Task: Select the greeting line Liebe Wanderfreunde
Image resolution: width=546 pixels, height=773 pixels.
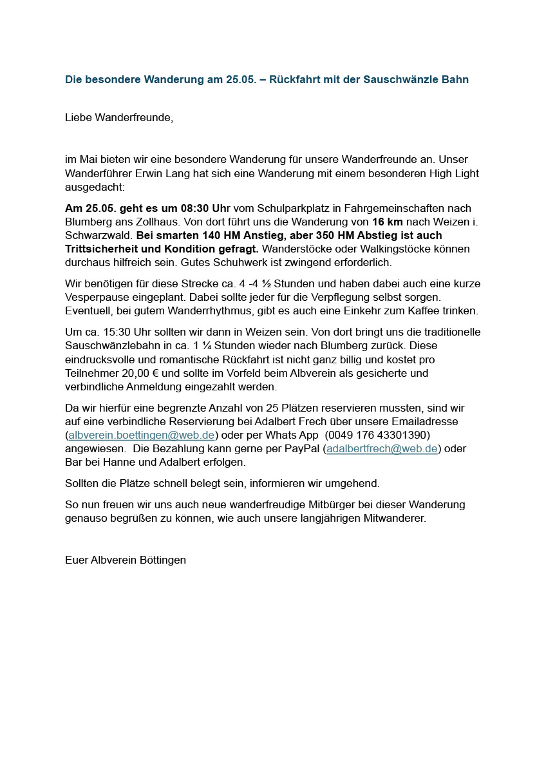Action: click(x=119, y=117)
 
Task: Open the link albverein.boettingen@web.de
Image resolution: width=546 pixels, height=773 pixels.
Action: click(x=142, y=435)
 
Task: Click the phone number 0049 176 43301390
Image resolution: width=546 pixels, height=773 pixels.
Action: click(x=379, y=435)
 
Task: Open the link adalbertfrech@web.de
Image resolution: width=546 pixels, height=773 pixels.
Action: click(x=382, y=448)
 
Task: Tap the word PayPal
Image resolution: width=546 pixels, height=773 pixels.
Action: click(x=300, y=448)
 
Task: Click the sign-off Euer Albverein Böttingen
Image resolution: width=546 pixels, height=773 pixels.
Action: click(x=126, y=560)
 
